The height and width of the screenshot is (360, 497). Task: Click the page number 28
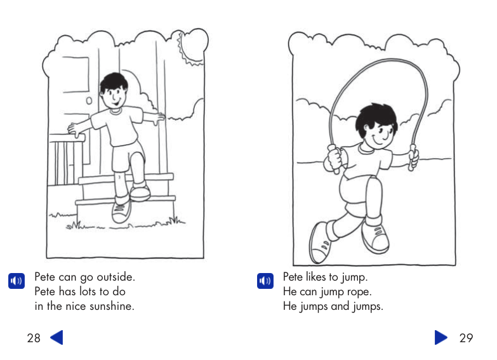coord(34,338)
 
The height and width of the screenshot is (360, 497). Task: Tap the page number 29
coord(466,338)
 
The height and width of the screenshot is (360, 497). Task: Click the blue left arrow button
coord(56,337)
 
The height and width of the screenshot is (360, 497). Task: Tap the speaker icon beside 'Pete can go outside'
coord(17,281)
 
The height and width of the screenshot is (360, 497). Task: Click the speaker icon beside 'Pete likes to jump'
coord(265,281)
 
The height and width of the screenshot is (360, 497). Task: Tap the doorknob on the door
coord(89,100)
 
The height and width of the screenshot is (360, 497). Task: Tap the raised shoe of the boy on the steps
coord(140,191)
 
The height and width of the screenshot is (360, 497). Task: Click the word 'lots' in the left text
coord(91,292)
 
